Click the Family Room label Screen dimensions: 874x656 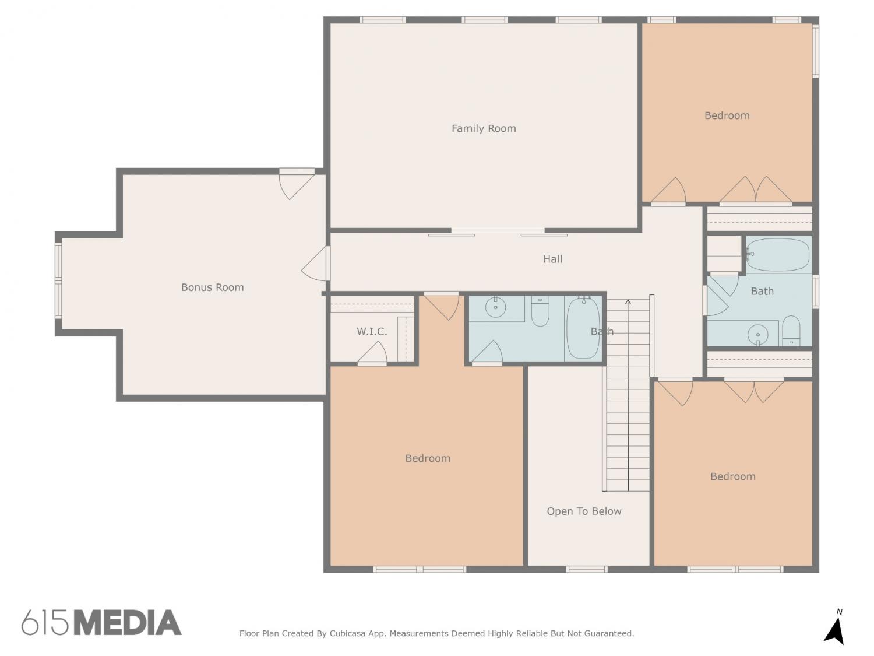(x=484, y=128)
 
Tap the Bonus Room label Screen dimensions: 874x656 (x=212, y=287)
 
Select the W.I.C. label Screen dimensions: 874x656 (x=372, y=331)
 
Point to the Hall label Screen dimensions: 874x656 (x=553, y=259)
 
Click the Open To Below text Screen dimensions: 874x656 (x=584, y=511)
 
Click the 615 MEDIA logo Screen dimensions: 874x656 (x=101, y=622)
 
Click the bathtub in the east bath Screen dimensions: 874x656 (x=777, y=255)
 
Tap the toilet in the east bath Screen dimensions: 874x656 (x=791, y=331)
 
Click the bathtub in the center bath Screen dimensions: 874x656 (x=583, y=328)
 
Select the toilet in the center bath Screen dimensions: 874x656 (x=540, y=311)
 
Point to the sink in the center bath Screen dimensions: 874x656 (x=495, y=307)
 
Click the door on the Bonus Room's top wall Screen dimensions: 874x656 (x=296, y=184)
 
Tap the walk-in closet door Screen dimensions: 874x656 (x=372, y=353)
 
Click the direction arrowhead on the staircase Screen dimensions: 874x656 (x=628, y=302)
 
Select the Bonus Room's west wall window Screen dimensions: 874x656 (x=58, y=281)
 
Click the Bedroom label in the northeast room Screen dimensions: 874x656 (x=727, y=115)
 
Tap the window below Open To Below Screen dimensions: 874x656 (x=587, y=570)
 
